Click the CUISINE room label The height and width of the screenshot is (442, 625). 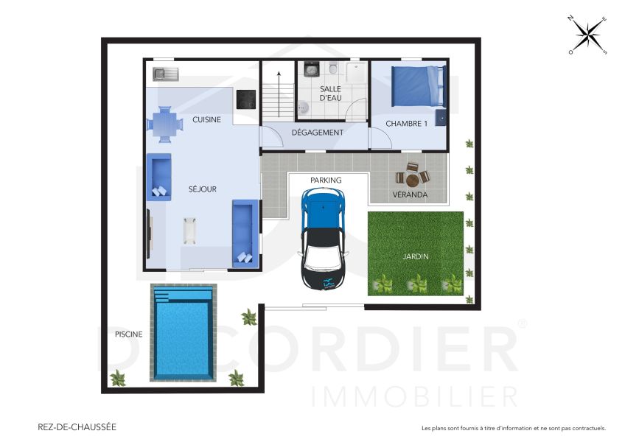[x=206, y=120]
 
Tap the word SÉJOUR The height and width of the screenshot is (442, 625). [x=202, y=189]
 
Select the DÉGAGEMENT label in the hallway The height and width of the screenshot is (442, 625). [x=317, y=133]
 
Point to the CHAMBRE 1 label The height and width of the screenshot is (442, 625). [x=406, y=124]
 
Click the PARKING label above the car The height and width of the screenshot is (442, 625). [x=325, y=180]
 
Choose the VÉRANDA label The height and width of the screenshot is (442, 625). [x=409, y=195]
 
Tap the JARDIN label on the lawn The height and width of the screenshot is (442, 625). [x=416, y=256]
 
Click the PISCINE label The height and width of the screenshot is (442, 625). [x=128, y=334]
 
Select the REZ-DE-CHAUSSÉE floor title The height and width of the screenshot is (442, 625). [x=77, y=427]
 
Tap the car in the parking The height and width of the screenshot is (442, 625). [x=323, y=239]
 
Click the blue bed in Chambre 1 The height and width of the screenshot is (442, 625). [x=417, y=86]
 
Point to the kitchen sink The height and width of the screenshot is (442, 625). [x=166, y=73]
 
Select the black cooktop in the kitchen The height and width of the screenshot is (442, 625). [x=245, y=99]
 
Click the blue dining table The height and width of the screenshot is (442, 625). [x=164, y=123]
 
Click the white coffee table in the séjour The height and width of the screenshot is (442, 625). [x=190, y=229]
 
